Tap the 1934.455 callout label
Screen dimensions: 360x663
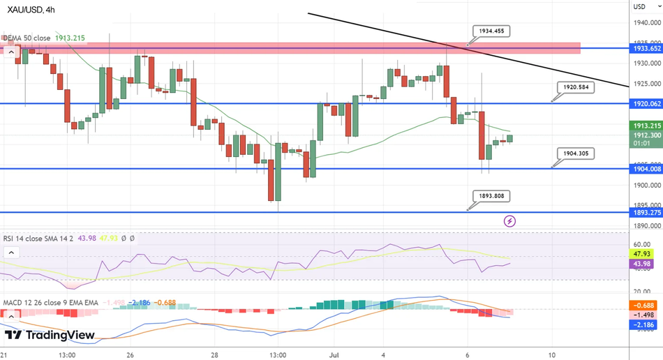tap(492, 31)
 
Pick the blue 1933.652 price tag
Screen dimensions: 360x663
tap(647, 49)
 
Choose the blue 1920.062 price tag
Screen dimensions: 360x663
tap(647, 103)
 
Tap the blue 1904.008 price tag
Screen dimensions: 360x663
tap(647, 169)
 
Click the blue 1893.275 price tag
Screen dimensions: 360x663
tap(647, 212)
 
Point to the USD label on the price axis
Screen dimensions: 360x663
tap(639, 7)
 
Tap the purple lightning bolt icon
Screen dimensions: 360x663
tap(510, 221)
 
